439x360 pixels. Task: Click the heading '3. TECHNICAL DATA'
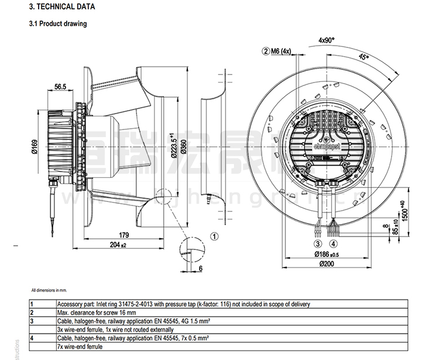click(60, 7)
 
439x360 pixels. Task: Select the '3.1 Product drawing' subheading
click(58, 24)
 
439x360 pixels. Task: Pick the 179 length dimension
click(124, 235)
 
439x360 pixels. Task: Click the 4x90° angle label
click(326, 40)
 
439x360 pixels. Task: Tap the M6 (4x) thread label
click(280, 52)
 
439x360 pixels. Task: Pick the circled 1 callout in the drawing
click(214, 236)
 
